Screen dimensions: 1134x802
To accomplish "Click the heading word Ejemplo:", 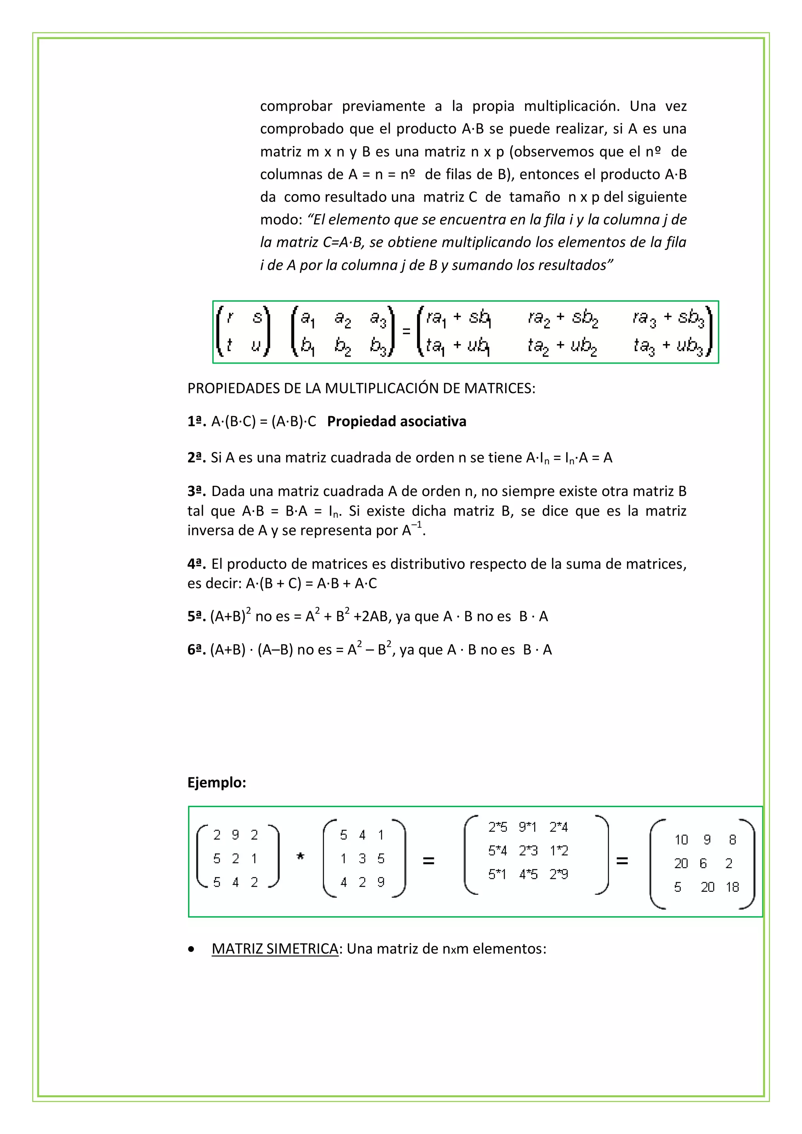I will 217,782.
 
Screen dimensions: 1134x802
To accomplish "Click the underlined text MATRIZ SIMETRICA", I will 275,948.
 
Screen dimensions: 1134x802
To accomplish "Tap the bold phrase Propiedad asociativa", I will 396,421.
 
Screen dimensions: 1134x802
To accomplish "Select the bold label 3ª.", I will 196,491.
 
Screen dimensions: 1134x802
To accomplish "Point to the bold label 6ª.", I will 196,649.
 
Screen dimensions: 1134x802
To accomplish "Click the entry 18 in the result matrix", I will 732,887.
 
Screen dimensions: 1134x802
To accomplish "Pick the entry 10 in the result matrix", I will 681,840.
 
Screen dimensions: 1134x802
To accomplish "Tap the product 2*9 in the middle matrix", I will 558,874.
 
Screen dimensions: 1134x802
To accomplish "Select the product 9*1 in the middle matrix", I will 528,827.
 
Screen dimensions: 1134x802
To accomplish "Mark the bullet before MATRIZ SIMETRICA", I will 191,949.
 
